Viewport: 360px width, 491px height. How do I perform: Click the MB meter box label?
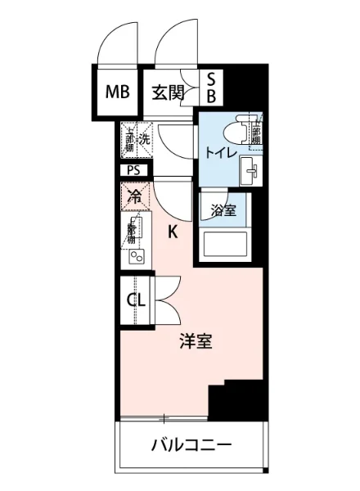(118, 91)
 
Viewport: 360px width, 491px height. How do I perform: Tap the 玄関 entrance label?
(167, 91)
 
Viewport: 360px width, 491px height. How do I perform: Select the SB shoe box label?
(210, 88)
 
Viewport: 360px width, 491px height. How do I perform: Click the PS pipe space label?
(133, 170)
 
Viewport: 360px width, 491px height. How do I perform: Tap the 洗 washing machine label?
(144, 139)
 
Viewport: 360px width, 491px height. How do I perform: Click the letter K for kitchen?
(173, 232)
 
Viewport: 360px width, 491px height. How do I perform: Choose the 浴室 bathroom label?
(223, 209)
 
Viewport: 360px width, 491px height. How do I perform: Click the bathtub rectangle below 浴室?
(223, 245)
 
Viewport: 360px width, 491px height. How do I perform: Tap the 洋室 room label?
(196, 341)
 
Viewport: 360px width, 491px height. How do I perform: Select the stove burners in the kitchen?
(135, 257)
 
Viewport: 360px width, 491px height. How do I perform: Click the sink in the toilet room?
(250, 170)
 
